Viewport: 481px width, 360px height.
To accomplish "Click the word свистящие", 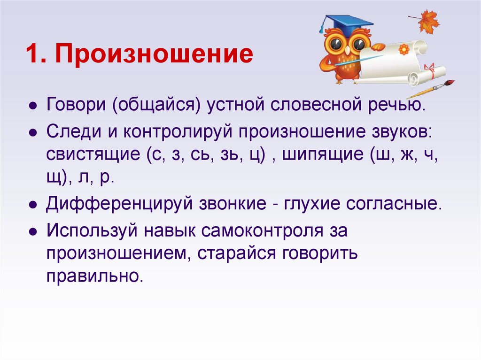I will point(92,154).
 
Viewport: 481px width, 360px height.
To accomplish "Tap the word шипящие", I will point(323,154).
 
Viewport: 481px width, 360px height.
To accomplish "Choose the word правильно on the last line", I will point(93,276).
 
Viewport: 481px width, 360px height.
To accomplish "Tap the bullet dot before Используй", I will point(32,231).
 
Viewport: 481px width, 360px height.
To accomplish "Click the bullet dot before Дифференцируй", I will point(32,206).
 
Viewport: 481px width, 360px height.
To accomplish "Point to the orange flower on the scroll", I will point(403,49).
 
